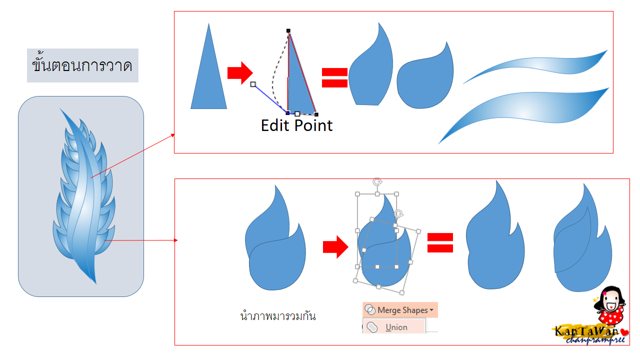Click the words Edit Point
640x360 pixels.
pyautogui.click(x=296, y=125)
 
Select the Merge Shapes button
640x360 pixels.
pyautogui.click(x=400, y=310)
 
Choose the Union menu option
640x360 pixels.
pyautogui.click(x=394, y=327)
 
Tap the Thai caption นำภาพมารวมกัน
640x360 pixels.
pyautogui.click(x=278, y=316)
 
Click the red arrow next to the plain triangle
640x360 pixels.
pyautogui.click(x=240, y=73)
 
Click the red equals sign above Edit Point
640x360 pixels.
pyautogui.click(x=334, y=77)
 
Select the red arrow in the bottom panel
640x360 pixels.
pyautogui.click(x=335, y=247)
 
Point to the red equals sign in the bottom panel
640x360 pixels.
pyautogui.click(x=440, y=243)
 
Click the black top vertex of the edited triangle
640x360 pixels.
pyautogui.click(x=288, y=30)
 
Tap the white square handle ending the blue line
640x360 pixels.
pyautogui.click(x=253, y=84)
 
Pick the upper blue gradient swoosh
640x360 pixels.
pyautogui.click(x=535, y=66)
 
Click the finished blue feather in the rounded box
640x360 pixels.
pyautogui.click(x=84, y=197)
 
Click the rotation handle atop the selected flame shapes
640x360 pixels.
pyautogui.click(x=377, y=181)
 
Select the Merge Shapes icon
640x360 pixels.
pyautogui.click(x=370, y=309)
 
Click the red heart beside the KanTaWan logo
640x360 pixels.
pyautogui.click(x=625, y=332)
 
